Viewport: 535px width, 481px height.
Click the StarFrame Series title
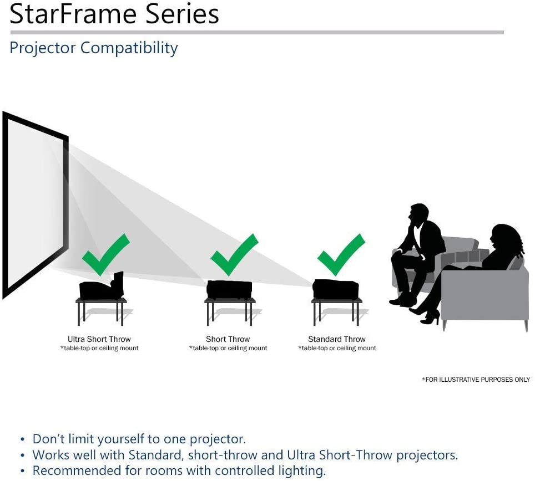[114, 15]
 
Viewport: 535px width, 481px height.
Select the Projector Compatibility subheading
[94, 48]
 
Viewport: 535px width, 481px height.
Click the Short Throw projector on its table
[229, 289]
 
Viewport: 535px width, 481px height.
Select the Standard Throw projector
[336, 289]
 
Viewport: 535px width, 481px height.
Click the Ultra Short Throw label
[99, 339]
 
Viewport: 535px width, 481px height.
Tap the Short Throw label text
[228, 339]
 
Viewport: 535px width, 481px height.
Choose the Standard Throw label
[337, 339]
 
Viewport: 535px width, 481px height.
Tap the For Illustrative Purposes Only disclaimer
[476, 380]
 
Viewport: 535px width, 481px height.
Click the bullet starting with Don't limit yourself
[139, 439]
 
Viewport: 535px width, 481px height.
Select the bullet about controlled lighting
[179, 471]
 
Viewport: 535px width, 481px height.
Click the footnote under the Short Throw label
[228, 349]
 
